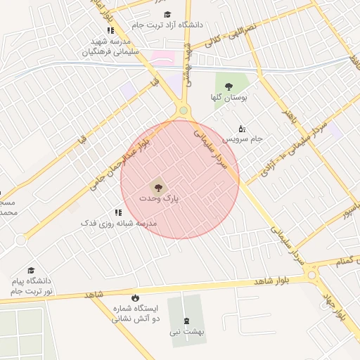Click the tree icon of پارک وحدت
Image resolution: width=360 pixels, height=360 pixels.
(x=157, y=187)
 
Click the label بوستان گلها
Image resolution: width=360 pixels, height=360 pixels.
(x=229, y=98)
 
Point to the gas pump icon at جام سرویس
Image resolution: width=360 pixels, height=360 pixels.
(x=242, y=128)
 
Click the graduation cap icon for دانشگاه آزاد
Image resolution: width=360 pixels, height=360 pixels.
(x=167, y=14)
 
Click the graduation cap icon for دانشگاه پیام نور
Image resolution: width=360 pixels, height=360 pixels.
(x=31, y=271)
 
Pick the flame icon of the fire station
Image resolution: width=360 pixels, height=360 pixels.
(x=135, y=297)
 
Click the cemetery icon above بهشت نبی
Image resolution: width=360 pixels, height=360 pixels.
(x=186, y=321)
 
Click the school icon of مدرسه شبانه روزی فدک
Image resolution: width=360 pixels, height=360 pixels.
(x=118, y=212)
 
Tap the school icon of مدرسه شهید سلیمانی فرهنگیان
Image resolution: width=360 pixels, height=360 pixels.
(x=110, y=30)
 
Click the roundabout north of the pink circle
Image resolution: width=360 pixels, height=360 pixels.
(x=184, y=110)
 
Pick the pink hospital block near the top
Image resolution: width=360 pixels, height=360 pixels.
(x=162, y=58)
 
